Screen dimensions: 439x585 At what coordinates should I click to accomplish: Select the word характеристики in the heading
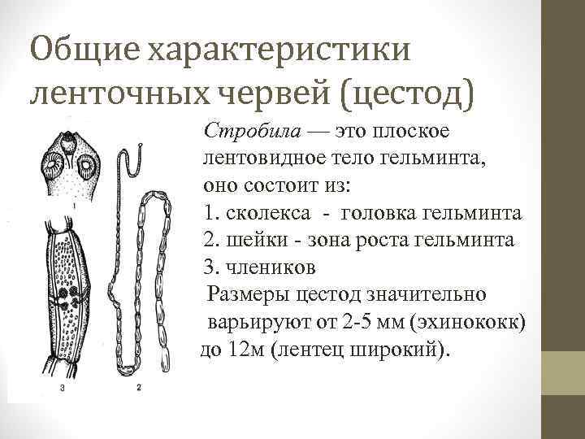pos(278,51)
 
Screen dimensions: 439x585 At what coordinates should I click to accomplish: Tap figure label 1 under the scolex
pos(76,206)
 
